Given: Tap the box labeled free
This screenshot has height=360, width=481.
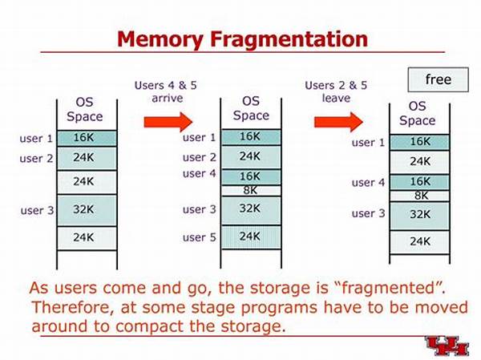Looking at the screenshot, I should click(439, 79).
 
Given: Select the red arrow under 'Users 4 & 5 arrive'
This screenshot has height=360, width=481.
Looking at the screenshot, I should click(169, 121).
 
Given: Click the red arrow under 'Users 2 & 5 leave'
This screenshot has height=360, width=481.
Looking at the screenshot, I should click(338, 121).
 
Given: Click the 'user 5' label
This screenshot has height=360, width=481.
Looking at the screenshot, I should click(200, 237).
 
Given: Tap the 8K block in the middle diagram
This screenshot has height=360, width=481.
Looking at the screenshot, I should click(250, 191).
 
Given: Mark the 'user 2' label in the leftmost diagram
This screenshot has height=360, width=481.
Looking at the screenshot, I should click(36, 159).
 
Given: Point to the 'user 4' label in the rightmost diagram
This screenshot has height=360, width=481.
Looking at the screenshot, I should click(368, 183).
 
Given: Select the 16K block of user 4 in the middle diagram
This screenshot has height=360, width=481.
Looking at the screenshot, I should click(250, 176).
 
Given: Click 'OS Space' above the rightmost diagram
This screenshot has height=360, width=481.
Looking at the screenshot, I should click(417, 113).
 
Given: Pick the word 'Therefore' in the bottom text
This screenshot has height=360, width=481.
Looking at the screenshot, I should click(76, 308).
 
